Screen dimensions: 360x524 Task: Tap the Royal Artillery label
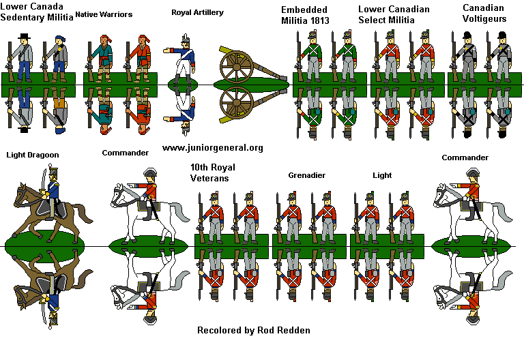pyautogui.click(x=197, y=12)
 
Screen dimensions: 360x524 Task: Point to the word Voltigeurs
pyautogui.click(x=484, y=19)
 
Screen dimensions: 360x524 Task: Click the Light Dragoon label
pyautogui.click(x=33, y=155)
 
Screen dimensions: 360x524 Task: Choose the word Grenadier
pyautogui.click(x=306, y=175)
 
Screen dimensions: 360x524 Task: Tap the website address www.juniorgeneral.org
pyautogui.click(x=212, y=147)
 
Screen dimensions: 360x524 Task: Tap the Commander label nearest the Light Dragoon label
pyautogui.click(x=125, y=153)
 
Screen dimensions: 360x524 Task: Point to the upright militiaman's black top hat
pyautogui.click(x=25, y=36)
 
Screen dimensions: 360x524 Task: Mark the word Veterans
pyautogui.click(x=212, y=179)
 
